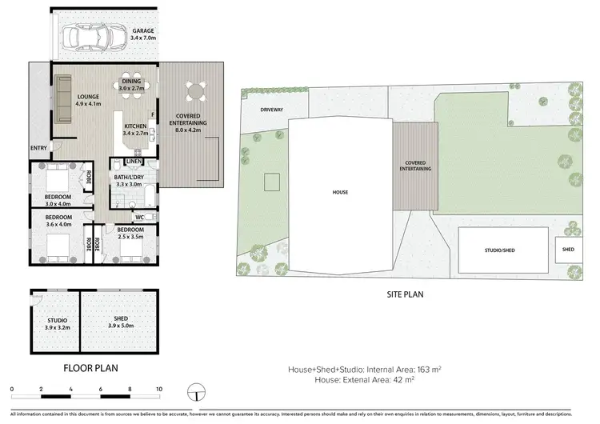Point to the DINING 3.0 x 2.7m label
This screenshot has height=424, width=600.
(130, 84)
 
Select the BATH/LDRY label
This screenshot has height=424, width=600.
(129, 180)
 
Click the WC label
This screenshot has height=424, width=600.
(139, 216)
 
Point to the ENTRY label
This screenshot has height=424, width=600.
(38, 148)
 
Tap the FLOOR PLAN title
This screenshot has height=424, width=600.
(90, 369)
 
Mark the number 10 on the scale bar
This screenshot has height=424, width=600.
(158, 389)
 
